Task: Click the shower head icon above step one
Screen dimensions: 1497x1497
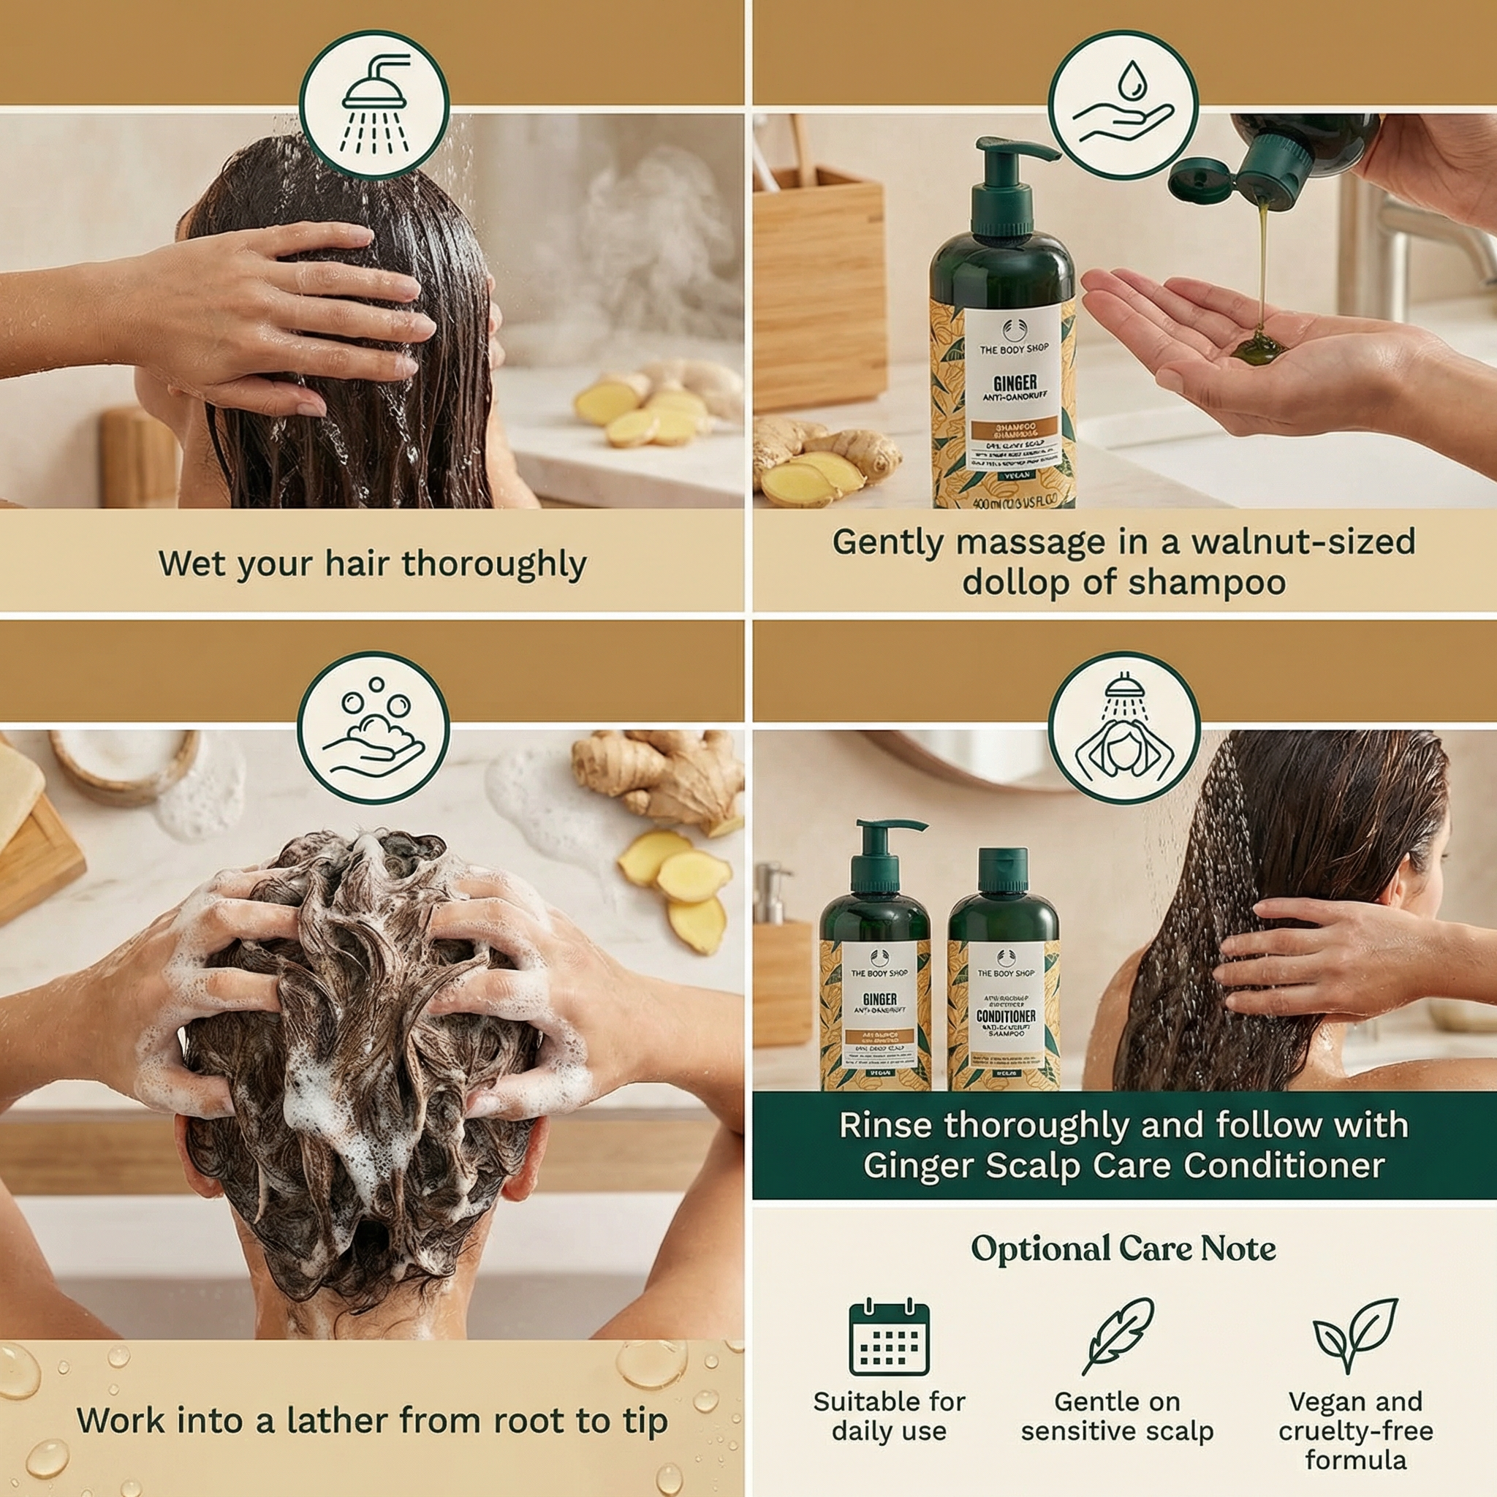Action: point(374,105)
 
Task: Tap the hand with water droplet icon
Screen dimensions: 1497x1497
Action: point(1123,105)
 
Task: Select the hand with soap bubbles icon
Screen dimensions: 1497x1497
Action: point(374,727)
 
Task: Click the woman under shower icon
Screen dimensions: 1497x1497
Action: point(1123,727)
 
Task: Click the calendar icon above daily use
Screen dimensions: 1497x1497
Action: point(889,1338)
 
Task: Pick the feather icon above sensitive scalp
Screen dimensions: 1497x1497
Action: point(1118,1336)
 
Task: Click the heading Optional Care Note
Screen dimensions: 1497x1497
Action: point(1123,1249)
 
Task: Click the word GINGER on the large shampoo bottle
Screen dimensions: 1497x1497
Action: point(1015,383)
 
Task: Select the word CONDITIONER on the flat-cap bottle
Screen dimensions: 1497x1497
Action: point(1005,1016)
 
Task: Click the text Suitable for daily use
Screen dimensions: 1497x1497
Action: point(889,1416)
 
